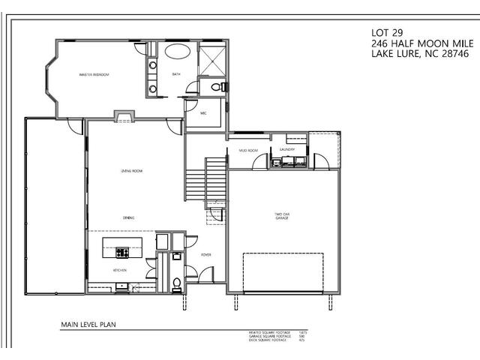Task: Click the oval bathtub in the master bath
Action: coord(177,52)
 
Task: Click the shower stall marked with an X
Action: coord(212,60)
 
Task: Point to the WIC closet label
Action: coord(203,112)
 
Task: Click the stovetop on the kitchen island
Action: coord(121,253)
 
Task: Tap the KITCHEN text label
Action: coord(120,270)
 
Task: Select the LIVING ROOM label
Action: coord(132,171)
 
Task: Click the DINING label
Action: coord(128,218)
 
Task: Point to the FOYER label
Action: coord(205,255)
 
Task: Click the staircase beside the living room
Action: coord(196,180)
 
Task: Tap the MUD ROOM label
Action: coord(248,150)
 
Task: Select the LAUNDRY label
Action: coord(287,149)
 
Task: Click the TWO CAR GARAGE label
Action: coord(282,216)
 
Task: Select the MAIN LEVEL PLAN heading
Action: coord(88,325)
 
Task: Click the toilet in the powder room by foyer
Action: coord(177,283)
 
